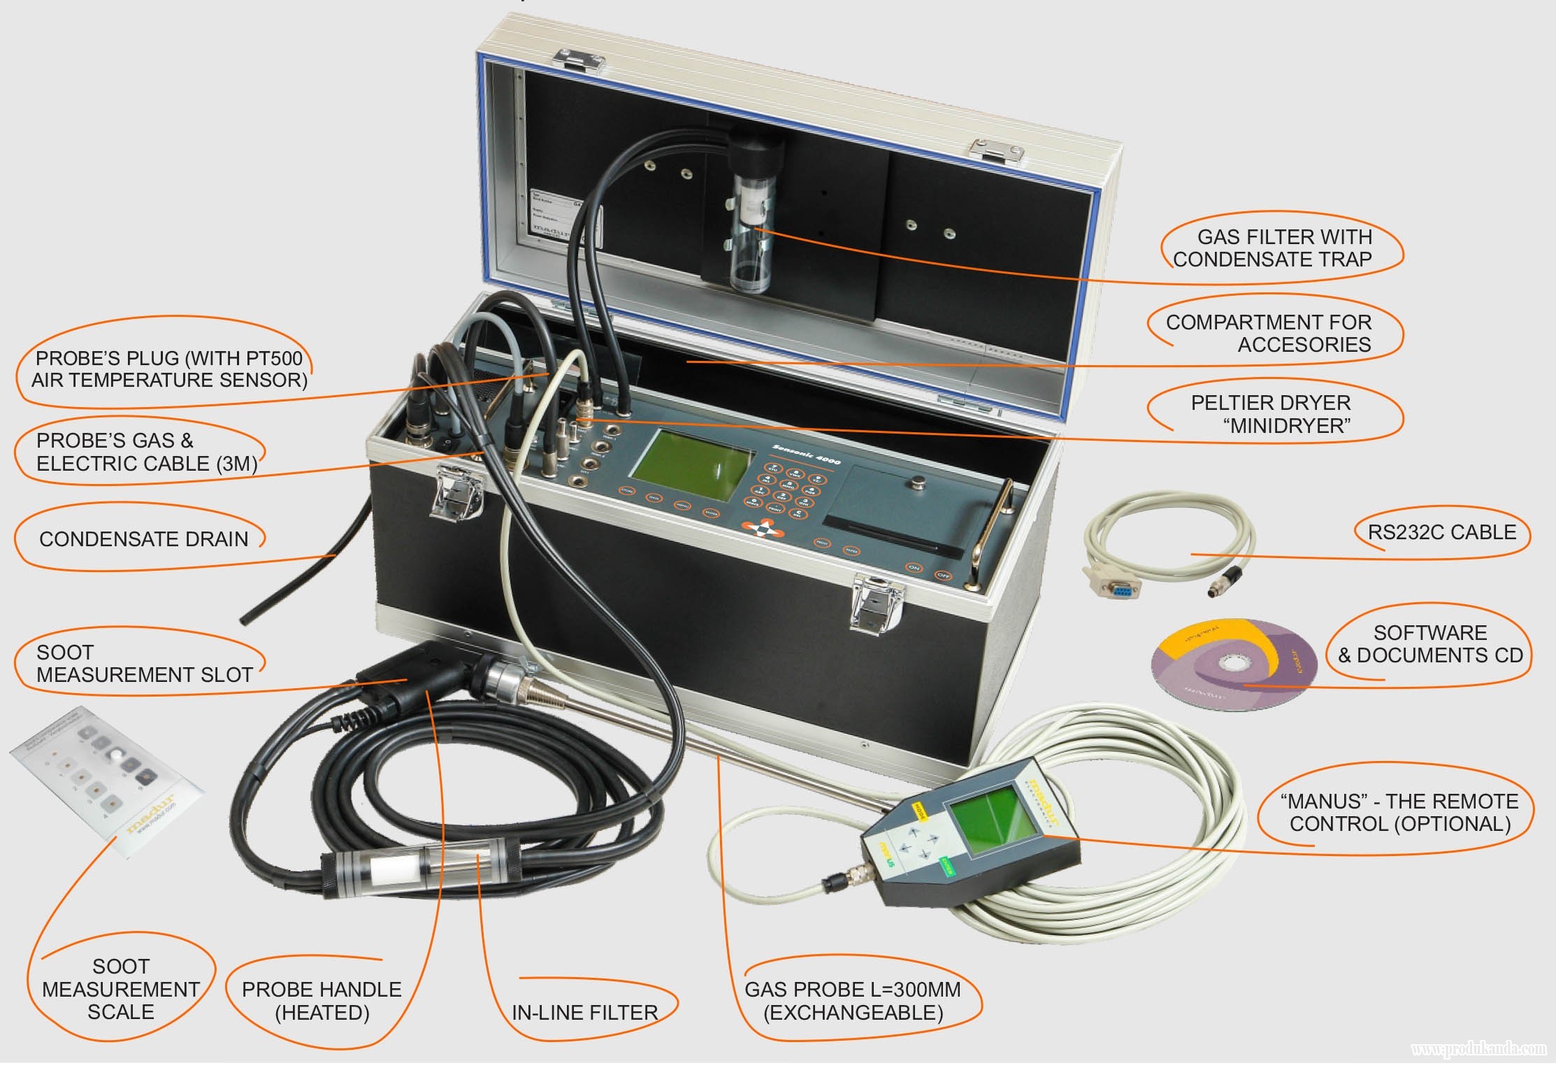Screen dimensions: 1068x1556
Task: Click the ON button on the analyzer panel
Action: (x=914, y=567)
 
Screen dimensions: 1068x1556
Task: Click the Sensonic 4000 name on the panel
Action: (x=807, y=453)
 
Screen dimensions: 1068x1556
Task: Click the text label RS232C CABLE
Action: (x=1441, y=532)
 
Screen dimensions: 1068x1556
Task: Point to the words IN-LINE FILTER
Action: (x=584, y=1012)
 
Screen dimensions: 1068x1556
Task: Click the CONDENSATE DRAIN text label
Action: (x=143, y=539)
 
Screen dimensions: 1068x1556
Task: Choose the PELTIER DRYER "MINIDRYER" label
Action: (x=1270, y=414)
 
